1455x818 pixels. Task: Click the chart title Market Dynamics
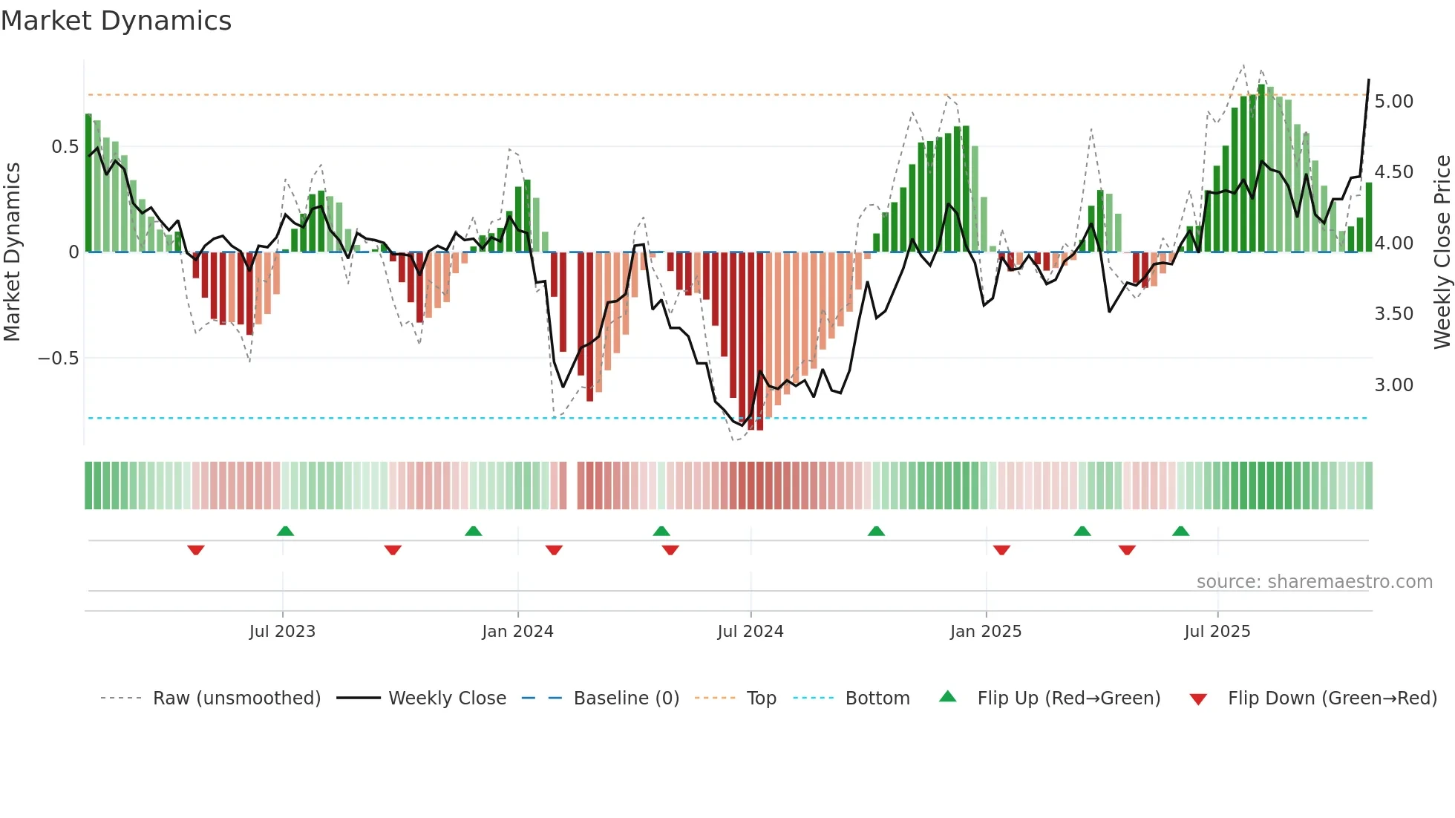(116, 21)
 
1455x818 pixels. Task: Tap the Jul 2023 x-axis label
(282, 632)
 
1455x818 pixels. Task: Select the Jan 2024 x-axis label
(517, 632)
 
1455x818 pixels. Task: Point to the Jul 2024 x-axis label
(750, 632)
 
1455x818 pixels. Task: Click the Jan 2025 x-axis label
(986, 632)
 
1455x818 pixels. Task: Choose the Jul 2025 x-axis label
(1217, 632)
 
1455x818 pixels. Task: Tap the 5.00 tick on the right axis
(1393, 102)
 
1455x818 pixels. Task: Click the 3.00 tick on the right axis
(1393, 385)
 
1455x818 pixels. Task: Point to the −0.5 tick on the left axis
(59, 359)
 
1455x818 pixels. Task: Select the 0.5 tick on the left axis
(65, 147)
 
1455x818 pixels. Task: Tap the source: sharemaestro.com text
(1314, 582)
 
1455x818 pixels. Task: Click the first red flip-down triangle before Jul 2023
(196, 550)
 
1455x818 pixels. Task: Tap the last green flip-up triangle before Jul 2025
(1180, 531)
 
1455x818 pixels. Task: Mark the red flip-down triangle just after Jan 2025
(1001, 550)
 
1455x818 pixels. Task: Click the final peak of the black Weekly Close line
(1368, 80)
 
